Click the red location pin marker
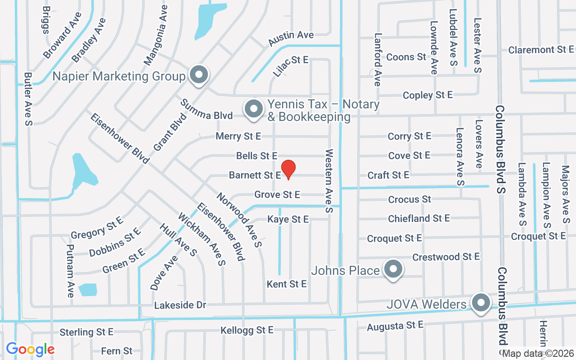[288, 170]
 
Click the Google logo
[30, 349]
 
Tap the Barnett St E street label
[255, 175]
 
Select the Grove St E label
[277, 195]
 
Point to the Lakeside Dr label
[180, 306]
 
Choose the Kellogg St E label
[247, 330]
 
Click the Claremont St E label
[541, 50]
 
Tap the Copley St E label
[427, 95]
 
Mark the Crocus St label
[409, 199]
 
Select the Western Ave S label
[329, 181]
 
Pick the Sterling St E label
[86, 332]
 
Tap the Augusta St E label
[395, 326]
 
